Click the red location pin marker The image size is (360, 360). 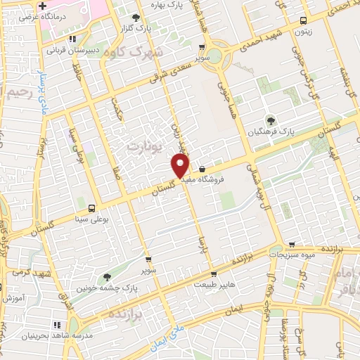click(180, 165)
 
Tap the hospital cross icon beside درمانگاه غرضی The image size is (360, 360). click(43, 6)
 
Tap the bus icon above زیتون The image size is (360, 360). click(303, 20)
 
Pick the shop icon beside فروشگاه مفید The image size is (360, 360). click(202, 169)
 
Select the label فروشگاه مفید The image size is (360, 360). click(221, 179)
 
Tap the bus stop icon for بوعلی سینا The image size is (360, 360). click(91, 207)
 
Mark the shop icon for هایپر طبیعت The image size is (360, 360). click(214, 275)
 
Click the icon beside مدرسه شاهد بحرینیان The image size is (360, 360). click(57, 324)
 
